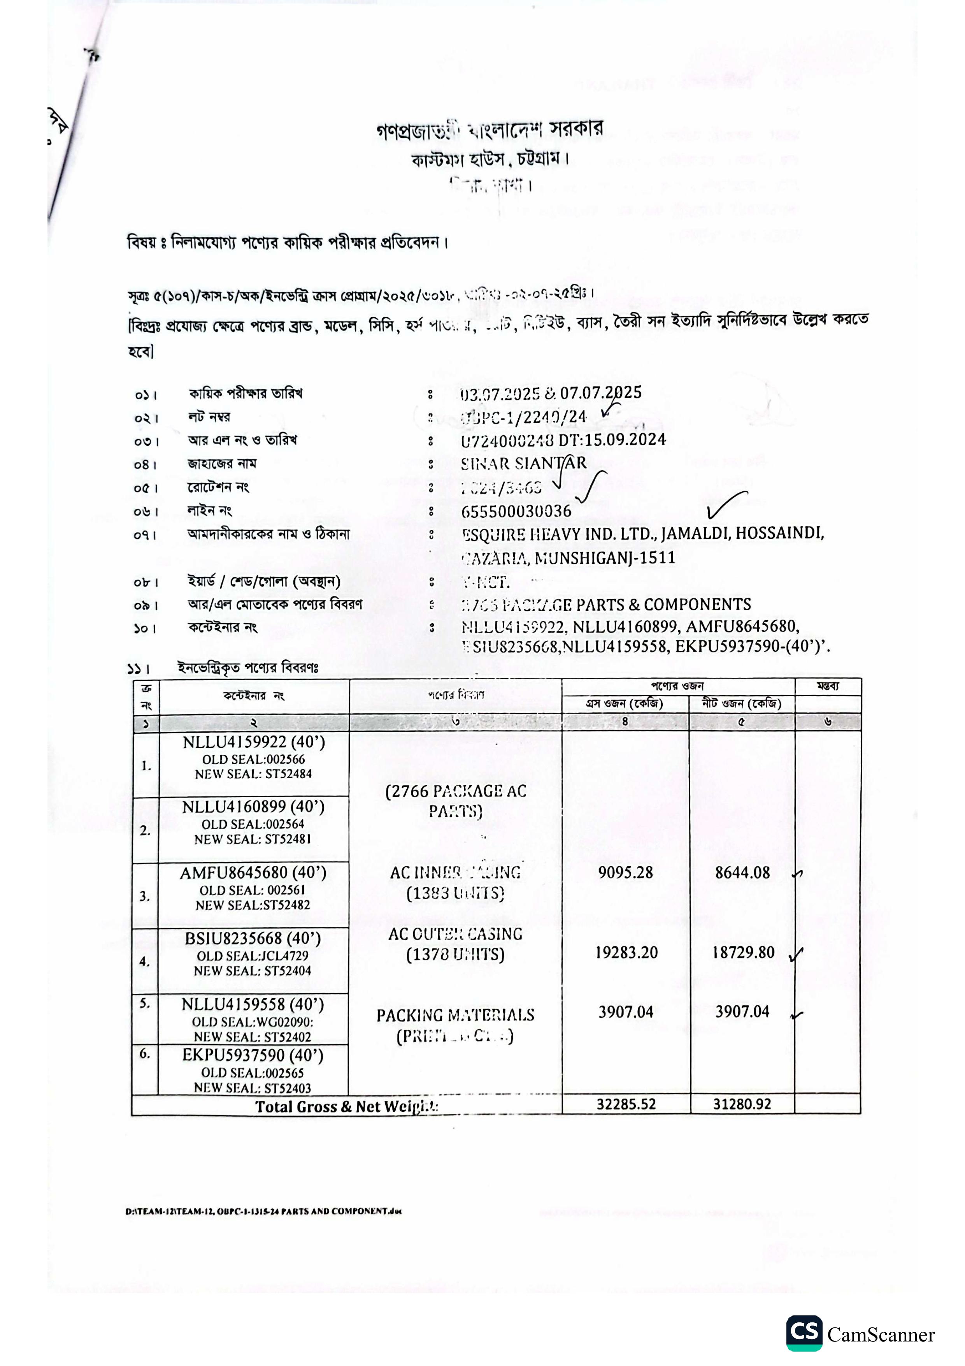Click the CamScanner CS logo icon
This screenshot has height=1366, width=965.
pos(804,1333)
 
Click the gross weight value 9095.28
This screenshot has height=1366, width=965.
pos(625,873)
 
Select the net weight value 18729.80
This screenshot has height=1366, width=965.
pos(743,953)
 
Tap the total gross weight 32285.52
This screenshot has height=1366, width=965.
pos(626,1104)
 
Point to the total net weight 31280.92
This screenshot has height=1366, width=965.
pos(742,1104)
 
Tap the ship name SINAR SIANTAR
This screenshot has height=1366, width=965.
pos(523,463)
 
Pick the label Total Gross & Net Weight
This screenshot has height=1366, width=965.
pos(347,1107)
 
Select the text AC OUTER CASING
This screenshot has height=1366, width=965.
pos(455,934)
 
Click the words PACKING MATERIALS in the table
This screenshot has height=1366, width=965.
pos(455,1015)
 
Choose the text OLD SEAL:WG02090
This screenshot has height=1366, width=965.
pos(252,1022)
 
